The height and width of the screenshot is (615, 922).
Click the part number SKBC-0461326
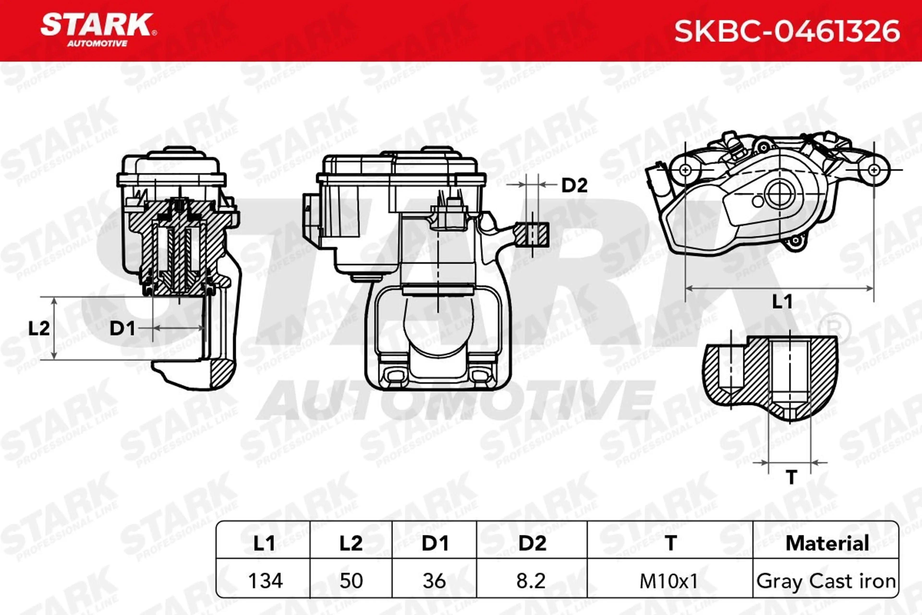point(787,31)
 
